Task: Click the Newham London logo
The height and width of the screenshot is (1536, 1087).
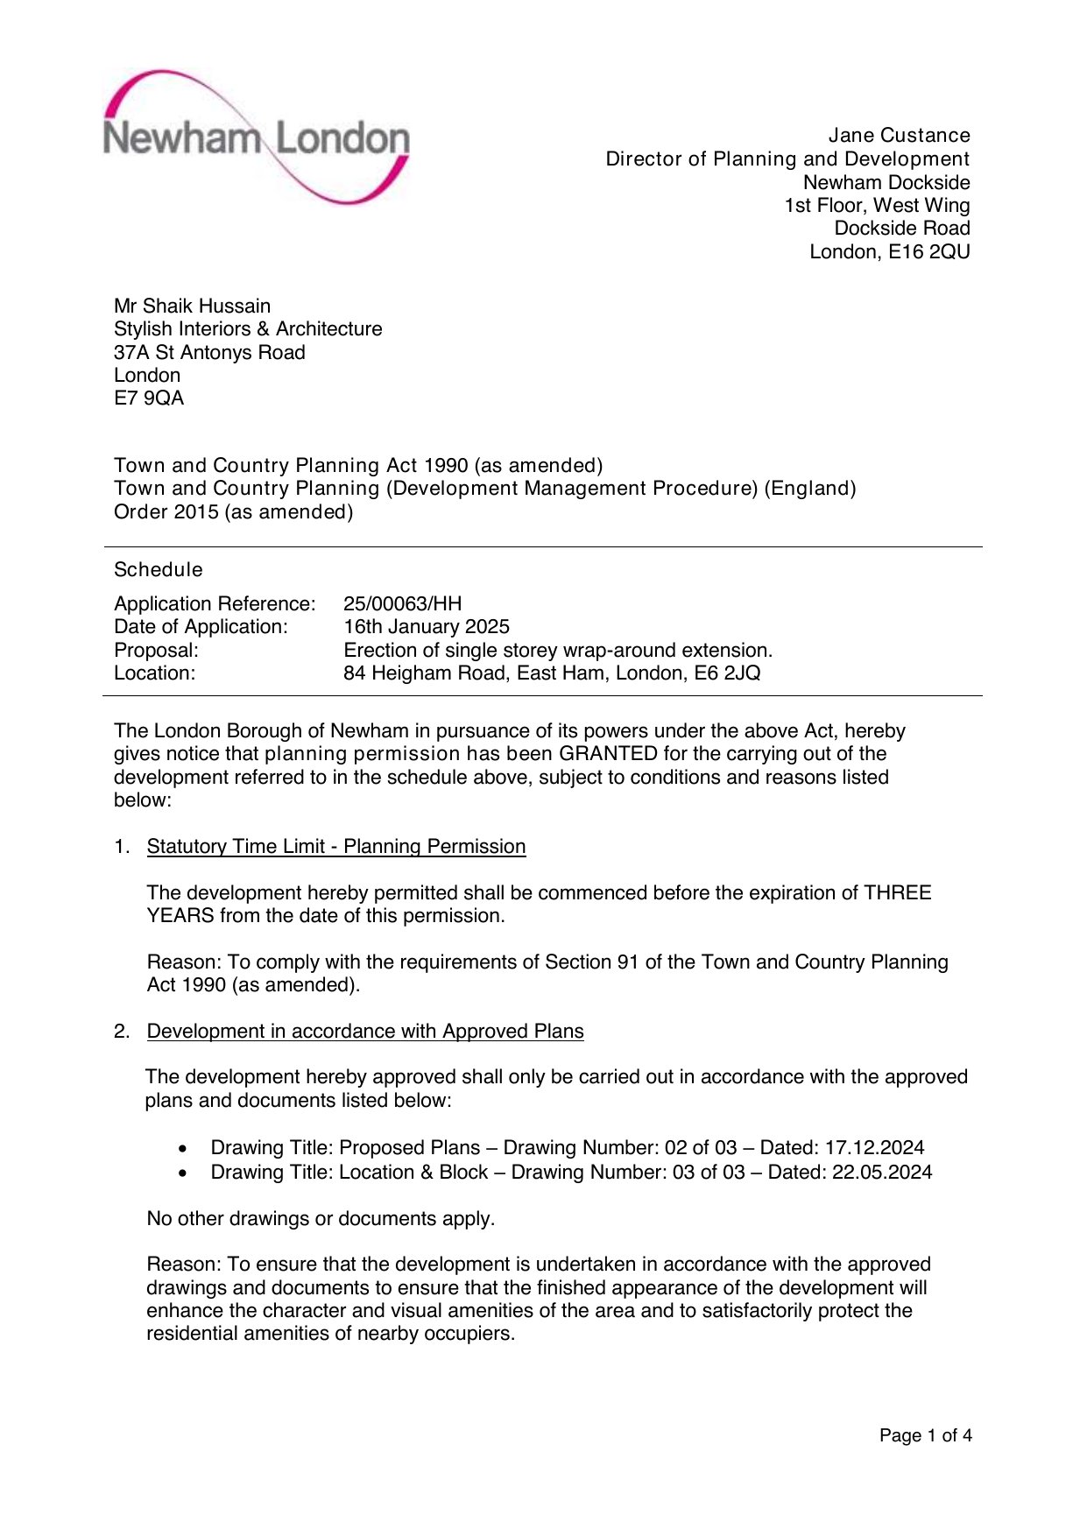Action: coord(256,138)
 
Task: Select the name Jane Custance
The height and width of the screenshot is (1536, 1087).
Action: coord(899,136)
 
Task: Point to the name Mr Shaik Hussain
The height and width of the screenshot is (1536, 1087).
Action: coord(192,306)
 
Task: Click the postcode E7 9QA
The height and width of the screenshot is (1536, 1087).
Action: coord(149,398)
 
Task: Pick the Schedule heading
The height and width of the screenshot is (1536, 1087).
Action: coord(159,570)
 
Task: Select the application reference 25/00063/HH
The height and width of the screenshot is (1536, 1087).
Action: coord(402,604)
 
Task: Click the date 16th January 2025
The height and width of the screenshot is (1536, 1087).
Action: coord(426,627)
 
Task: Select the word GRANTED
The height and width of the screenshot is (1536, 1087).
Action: coord(608,754)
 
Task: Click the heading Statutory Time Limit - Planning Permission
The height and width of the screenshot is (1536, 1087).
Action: coord(336,847)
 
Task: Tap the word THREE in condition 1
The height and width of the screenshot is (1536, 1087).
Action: coord(898,893)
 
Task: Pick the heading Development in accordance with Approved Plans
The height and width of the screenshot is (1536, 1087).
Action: coord(365,1032)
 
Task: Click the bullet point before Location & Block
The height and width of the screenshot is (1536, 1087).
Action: coord(182,1173)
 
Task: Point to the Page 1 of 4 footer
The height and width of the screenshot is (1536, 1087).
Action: coord(925,1435)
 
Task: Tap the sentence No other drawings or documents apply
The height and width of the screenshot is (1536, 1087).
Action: coord(321,1219)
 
